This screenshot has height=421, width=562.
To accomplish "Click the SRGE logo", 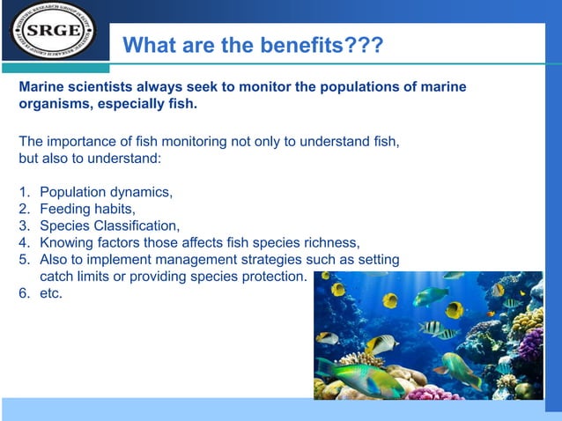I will [52, 31].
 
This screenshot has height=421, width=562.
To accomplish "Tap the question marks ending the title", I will [364, 45].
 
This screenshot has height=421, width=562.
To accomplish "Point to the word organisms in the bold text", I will [51, 104].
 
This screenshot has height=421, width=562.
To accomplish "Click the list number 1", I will [24, 192].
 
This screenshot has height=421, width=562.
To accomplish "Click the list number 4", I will [24, 242].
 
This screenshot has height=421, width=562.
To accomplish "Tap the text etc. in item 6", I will [51, 292].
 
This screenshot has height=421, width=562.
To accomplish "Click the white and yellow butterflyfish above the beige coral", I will [381, 344].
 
